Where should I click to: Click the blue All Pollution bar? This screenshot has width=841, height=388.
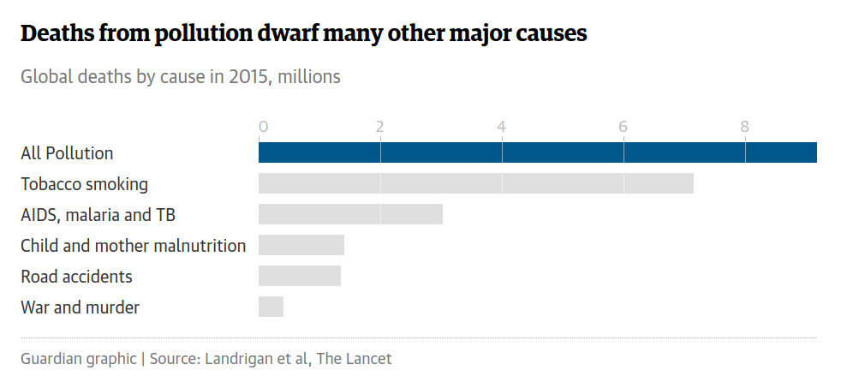pyautogui.click(x=537, y=152)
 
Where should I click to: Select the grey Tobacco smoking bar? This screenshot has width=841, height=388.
pyautogui.click(x=475, y=183)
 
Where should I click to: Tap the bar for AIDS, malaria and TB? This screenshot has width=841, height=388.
pyautogui.click(x=350, y=214)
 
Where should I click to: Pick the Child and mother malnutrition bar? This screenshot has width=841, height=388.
pyautogui.click(x=301, y=245)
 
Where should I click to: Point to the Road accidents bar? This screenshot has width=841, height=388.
pyautogui.click(x=300, y=276)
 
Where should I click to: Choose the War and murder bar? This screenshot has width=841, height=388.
pyautogui.click(x=271, y=307)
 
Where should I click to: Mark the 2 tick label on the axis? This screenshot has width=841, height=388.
pyautogui.click(x=379, y=127)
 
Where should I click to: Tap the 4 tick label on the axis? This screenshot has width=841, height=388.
pyautogui.click(x=502, y=127)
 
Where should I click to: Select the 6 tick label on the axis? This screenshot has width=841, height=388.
pyautogui.click(x=623, y=127)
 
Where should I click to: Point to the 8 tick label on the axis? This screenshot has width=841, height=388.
pyautogui.click(x=745, y=127)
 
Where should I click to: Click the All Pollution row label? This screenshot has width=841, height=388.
pyautogui.click(x=67, y=153)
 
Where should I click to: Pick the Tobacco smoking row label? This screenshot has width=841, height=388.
pyautogui.click(x=84, y=184)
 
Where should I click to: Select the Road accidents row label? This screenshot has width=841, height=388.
pyautogui.click(x=76, y=277)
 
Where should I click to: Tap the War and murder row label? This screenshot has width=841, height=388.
pyautogui.click(x=80, y=307)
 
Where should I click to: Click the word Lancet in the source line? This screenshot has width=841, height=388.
pyautogui.click(x=369, y=359)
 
